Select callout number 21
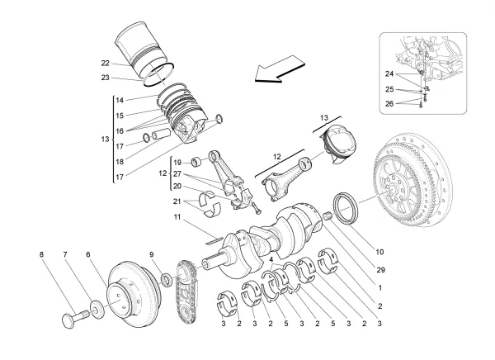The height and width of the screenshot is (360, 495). tap(176, 201)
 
